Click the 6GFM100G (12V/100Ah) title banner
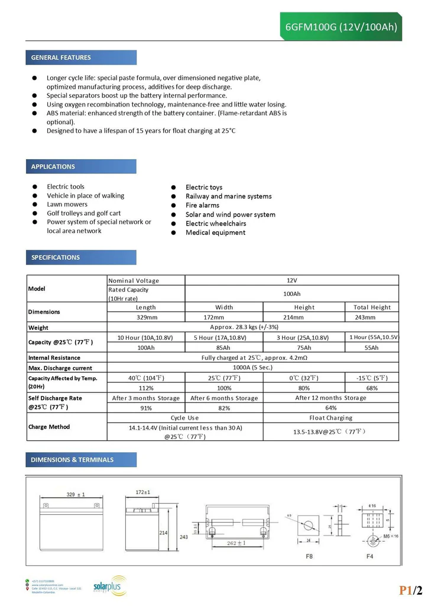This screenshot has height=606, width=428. click(341, 27)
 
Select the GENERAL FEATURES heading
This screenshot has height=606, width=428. click(61, 57)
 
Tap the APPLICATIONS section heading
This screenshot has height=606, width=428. click(53, 166)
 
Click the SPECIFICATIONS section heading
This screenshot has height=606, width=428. click(56, 257)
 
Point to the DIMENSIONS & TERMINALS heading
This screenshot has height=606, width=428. click(72, 460)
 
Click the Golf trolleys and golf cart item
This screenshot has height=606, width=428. click(84, 213)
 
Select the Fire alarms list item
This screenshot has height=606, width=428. click(202, 205)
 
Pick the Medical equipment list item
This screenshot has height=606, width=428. click(215, 233)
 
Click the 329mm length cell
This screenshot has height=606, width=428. click(146, 317)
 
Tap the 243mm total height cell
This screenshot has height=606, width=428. click(372, 317)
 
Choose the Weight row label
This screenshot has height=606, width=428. click(38, 327)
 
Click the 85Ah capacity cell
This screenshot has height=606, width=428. click(224, 348)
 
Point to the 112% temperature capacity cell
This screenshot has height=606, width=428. click(146, 388)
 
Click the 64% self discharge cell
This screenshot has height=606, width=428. click(330, 408)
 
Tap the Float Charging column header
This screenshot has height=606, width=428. click(330, 418)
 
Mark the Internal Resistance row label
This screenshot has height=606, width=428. click(54, 357)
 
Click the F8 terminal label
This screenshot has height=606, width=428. click(309, 556)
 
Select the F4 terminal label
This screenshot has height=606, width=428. click(369, 556)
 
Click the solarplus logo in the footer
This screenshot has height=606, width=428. click(110, 584)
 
